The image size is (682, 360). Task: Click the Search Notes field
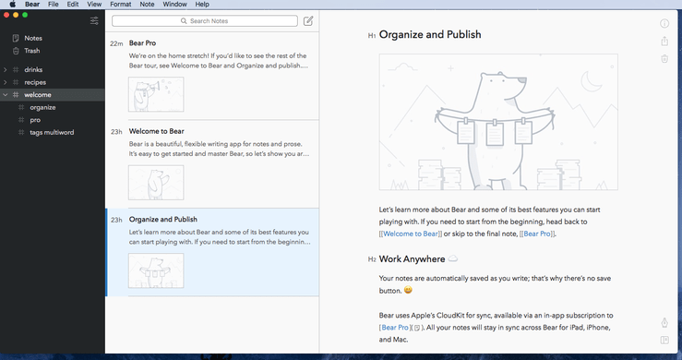[205, 21]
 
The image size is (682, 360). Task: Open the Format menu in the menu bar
[121, 5]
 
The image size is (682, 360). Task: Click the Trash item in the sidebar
[31, 51]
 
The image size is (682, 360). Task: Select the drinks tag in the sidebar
[33, 69]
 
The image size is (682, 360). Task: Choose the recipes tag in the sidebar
[35, 82]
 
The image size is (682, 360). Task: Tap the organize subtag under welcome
[42, 107]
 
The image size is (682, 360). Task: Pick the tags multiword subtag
[52, 132]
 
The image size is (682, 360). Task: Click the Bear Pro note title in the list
[143, 43]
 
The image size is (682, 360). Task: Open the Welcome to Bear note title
[157, 131]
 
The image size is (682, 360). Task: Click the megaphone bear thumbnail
[156, 94]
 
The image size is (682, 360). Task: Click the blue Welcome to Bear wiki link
[411, 234]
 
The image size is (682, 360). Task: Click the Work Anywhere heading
[412, 259]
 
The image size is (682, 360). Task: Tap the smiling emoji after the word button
[408, 290]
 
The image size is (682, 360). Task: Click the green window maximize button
[25, 15]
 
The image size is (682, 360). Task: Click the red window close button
[6, 15]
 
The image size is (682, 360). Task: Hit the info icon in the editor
[664, 23]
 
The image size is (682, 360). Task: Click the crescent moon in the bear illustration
[591, 81]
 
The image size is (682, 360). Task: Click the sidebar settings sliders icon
[94, 21]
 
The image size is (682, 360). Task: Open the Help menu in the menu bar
[202, 5]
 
